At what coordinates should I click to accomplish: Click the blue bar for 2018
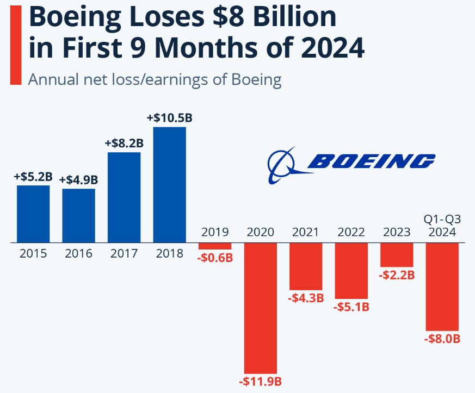(170, 184)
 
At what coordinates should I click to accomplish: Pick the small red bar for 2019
(215, 246)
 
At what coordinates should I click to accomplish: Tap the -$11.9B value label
(260, 381)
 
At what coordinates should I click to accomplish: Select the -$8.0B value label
(442, 339)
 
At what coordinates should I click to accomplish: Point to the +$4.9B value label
(78, 179)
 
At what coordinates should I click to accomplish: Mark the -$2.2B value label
(397, 275)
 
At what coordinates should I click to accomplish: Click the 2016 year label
(78, 253)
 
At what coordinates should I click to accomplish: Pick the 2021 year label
(306, 232)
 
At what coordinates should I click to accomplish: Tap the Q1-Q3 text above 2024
(442, 219)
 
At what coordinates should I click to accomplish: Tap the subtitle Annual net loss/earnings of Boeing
(155, 79)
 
